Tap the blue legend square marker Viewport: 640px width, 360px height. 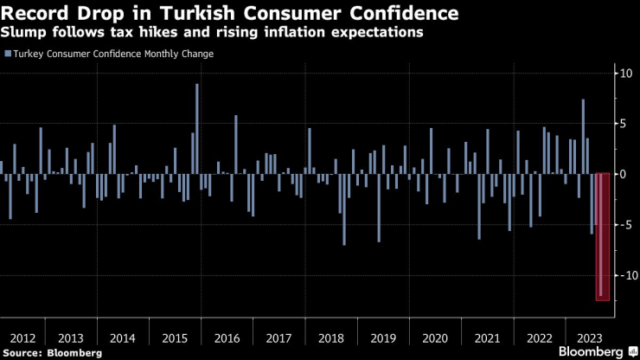[x=8, y=54]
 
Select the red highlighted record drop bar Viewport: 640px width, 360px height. [x=602, y=236]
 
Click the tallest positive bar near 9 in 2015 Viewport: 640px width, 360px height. [x=197, y=129]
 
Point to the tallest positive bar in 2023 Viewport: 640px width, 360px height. [x=583, y=137]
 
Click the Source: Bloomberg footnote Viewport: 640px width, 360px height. [x=52, y=353]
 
